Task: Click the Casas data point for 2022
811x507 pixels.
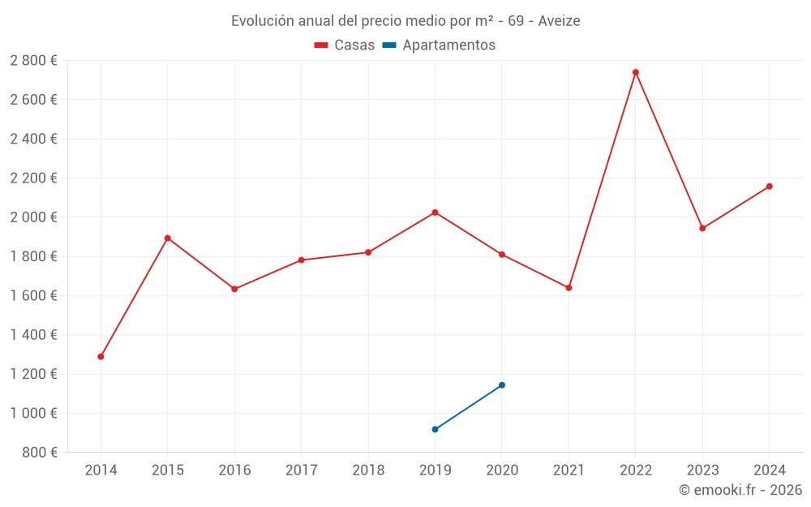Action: coord(636,72)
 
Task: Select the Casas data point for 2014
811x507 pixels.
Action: coord(101,357)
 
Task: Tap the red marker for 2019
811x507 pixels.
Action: coord(436,213)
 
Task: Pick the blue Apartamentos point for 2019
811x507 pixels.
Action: coord(436,429)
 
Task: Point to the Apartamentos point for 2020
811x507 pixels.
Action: coord(502,385)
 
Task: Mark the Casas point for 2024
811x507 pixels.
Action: coord(770,187)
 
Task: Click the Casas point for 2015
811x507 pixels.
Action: coord(168,238)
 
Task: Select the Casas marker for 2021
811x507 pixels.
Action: coord(569,288)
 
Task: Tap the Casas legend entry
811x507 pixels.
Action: coord(345,45)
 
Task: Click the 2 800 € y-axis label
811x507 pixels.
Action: coord(33,61)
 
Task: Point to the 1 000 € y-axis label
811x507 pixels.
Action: coord(33,413)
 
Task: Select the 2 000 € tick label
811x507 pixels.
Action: coord(33,217)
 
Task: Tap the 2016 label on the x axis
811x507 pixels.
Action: coord(234,470)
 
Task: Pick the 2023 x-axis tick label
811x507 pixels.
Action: coord(702,470)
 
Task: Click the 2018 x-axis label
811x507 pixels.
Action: coord(368,470)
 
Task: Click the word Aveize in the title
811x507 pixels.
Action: coord(559,21)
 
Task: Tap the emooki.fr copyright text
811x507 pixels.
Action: coord(740,490)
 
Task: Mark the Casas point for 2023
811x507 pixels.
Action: coord(702,228)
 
